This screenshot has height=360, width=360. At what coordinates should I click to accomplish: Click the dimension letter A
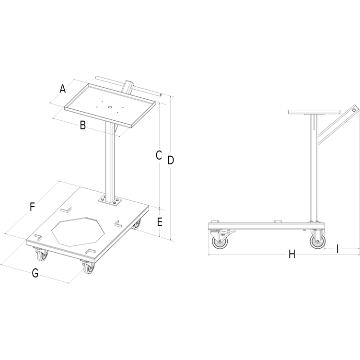click(x=62, y=89)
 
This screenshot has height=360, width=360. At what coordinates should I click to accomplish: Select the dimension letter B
click(x=82, y=126)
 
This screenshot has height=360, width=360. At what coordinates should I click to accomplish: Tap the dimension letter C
click(x=158, y=155)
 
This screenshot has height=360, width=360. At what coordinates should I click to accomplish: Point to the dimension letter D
click(x=170, y=160)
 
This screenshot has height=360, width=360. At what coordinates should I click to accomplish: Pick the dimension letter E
click(x=160, y=222)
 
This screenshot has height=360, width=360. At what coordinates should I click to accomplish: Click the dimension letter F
click(x=32, y=207)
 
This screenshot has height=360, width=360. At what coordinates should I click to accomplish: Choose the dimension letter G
click(x=35, y=274)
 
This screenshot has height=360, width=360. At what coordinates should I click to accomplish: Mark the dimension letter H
click(x=291, y=255)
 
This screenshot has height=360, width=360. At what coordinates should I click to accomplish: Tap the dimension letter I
click(x=337, y=248)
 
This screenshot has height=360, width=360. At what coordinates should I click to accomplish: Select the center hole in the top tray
click(x=110, y=107)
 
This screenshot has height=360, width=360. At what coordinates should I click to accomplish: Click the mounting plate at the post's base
click(x=109, y=199)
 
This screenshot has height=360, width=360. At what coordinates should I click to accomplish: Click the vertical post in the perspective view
click(x=111, y=158)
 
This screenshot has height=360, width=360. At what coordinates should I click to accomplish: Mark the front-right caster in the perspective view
click(x=88, y=268)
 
